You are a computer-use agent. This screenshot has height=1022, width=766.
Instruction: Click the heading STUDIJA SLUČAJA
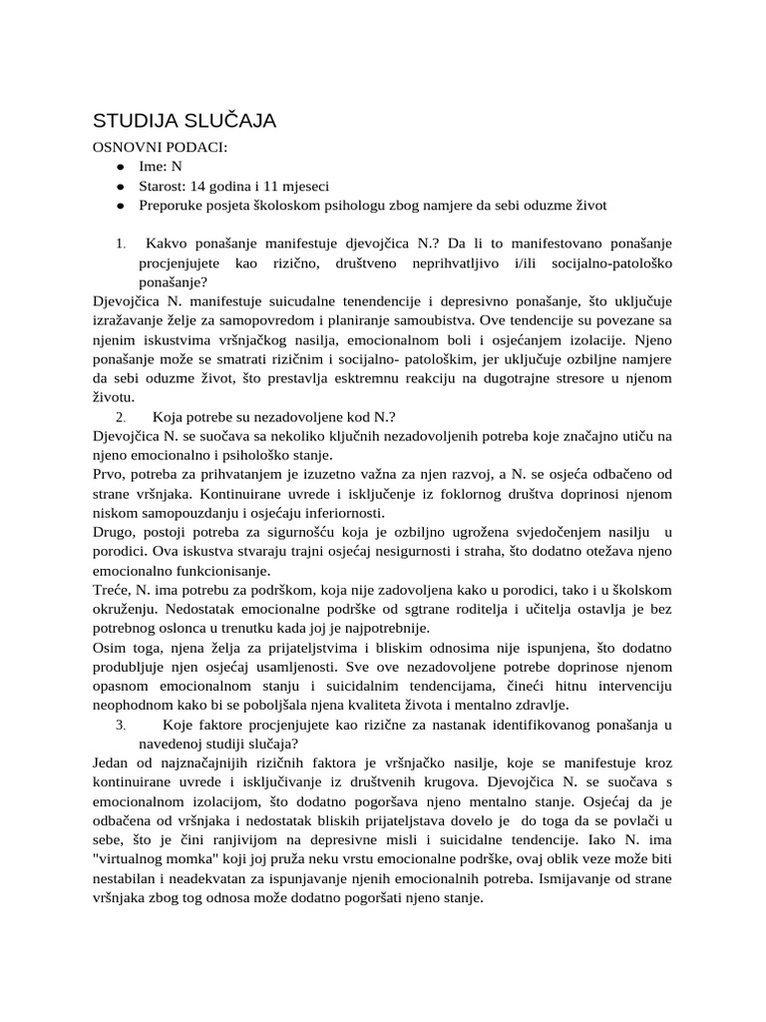point(185,121)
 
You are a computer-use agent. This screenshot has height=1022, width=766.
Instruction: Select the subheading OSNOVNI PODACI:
point(160,148)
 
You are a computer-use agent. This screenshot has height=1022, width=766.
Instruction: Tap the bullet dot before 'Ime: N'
point(119,168)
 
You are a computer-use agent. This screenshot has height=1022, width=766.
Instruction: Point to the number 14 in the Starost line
point(201,186)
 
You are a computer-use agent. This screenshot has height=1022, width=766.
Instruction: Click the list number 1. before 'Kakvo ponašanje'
point(120,244)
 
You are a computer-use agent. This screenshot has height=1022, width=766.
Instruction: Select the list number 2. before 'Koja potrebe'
point(120,417)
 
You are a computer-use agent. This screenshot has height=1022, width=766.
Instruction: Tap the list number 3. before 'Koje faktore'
point(120,725)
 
